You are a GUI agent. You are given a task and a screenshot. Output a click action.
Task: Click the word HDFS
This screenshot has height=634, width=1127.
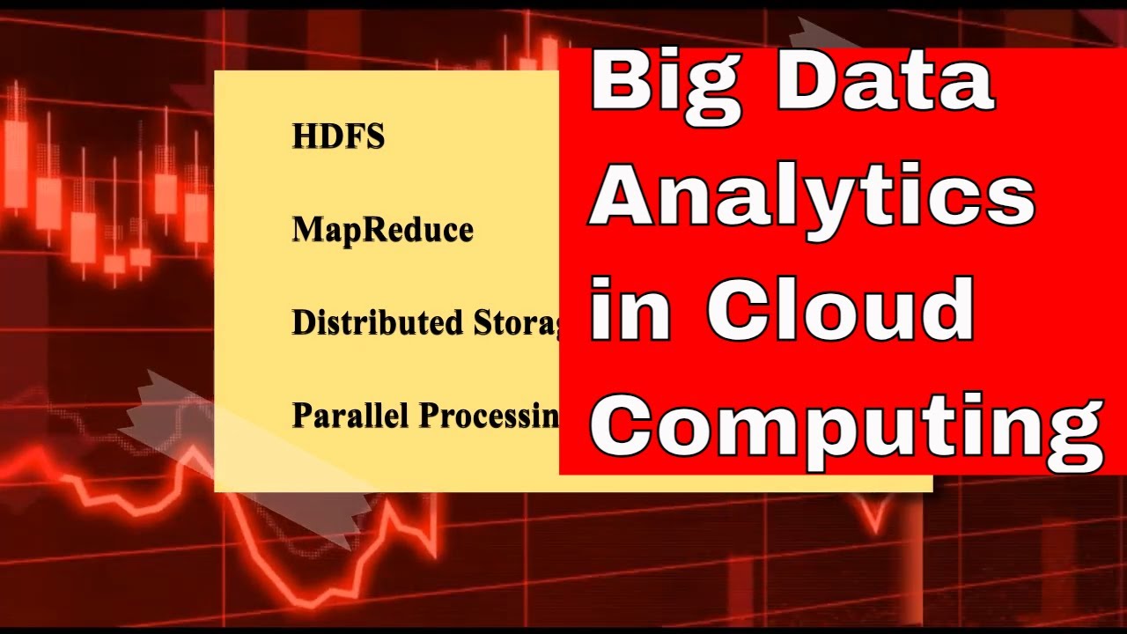click(338, 136)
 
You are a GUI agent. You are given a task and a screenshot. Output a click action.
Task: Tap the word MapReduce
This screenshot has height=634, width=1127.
click(382, 230)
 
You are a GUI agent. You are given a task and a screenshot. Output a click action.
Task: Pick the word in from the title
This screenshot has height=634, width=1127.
click(630, 308)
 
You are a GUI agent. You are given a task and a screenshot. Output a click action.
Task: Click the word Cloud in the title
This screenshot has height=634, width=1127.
click(841, 308)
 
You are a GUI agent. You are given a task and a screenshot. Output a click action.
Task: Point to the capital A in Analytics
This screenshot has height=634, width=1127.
click(627, 195)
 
